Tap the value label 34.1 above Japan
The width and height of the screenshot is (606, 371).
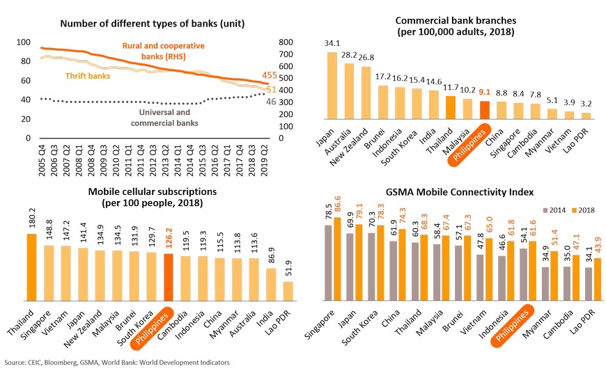click(332, 43)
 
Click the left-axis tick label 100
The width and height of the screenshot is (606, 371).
click(24, 42)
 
